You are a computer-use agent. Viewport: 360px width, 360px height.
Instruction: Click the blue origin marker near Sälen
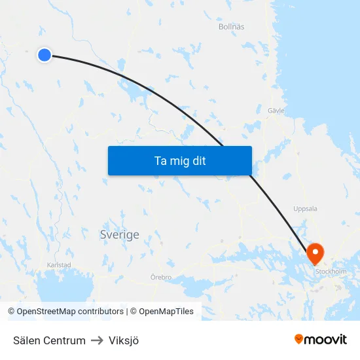tap(45, 55)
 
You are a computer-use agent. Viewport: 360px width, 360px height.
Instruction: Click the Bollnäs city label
tap(231, 27)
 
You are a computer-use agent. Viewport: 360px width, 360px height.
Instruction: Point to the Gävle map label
tap(276, 111)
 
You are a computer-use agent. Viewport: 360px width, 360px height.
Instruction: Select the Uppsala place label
tap(305, 209)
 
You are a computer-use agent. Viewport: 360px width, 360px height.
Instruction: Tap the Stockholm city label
tap(331, 271)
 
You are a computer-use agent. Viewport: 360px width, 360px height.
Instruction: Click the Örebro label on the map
tap(161, 278)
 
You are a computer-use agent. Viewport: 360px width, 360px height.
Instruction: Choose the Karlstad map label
tap(59, 265)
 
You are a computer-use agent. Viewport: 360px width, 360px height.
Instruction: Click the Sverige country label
tap(119, 234)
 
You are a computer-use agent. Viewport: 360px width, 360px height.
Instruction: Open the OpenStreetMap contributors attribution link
tap(70, 312)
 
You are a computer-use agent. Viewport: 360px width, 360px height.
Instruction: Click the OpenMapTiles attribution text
tap(166, 312)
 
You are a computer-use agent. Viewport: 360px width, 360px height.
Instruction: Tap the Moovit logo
tap(321, 340)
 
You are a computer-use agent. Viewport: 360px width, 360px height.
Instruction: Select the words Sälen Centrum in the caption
tap(49, 340)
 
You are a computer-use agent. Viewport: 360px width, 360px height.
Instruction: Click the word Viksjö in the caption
tap(124, 340)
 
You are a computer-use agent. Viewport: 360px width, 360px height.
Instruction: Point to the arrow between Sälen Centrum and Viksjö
tap(97, 340)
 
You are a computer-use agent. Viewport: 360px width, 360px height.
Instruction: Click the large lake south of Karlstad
tap(65, 287)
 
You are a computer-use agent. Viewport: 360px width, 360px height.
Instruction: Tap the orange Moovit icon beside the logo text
tap(299, 339)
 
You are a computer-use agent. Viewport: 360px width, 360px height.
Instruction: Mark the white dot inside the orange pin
tap(315, 251)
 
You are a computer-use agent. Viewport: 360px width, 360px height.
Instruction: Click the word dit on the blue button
tap(199, 160)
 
